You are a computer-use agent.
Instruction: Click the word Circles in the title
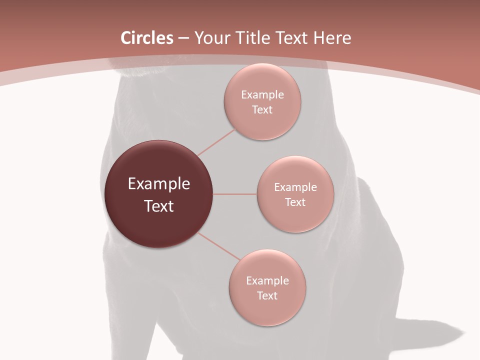coord(146,38)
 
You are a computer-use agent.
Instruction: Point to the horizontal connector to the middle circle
coord(235,194)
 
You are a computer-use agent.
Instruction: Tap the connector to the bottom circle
coord(220,246)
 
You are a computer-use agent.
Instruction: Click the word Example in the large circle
coord(159,184)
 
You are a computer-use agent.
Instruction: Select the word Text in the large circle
coord(159,206)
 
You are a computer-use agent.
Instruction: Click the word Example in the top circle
coord(262,95)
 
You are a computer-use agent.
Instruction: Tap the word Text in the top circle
coord(262,110)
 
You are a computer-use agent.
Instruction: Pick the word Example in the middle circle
coord(295,187)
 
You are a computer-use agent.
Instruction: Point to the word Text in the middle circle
coord(295,202)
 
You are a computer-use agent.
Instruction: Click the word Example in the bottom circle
coord(267,281)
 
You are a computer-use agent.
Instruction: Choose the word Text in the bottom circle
coord(267,296)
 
